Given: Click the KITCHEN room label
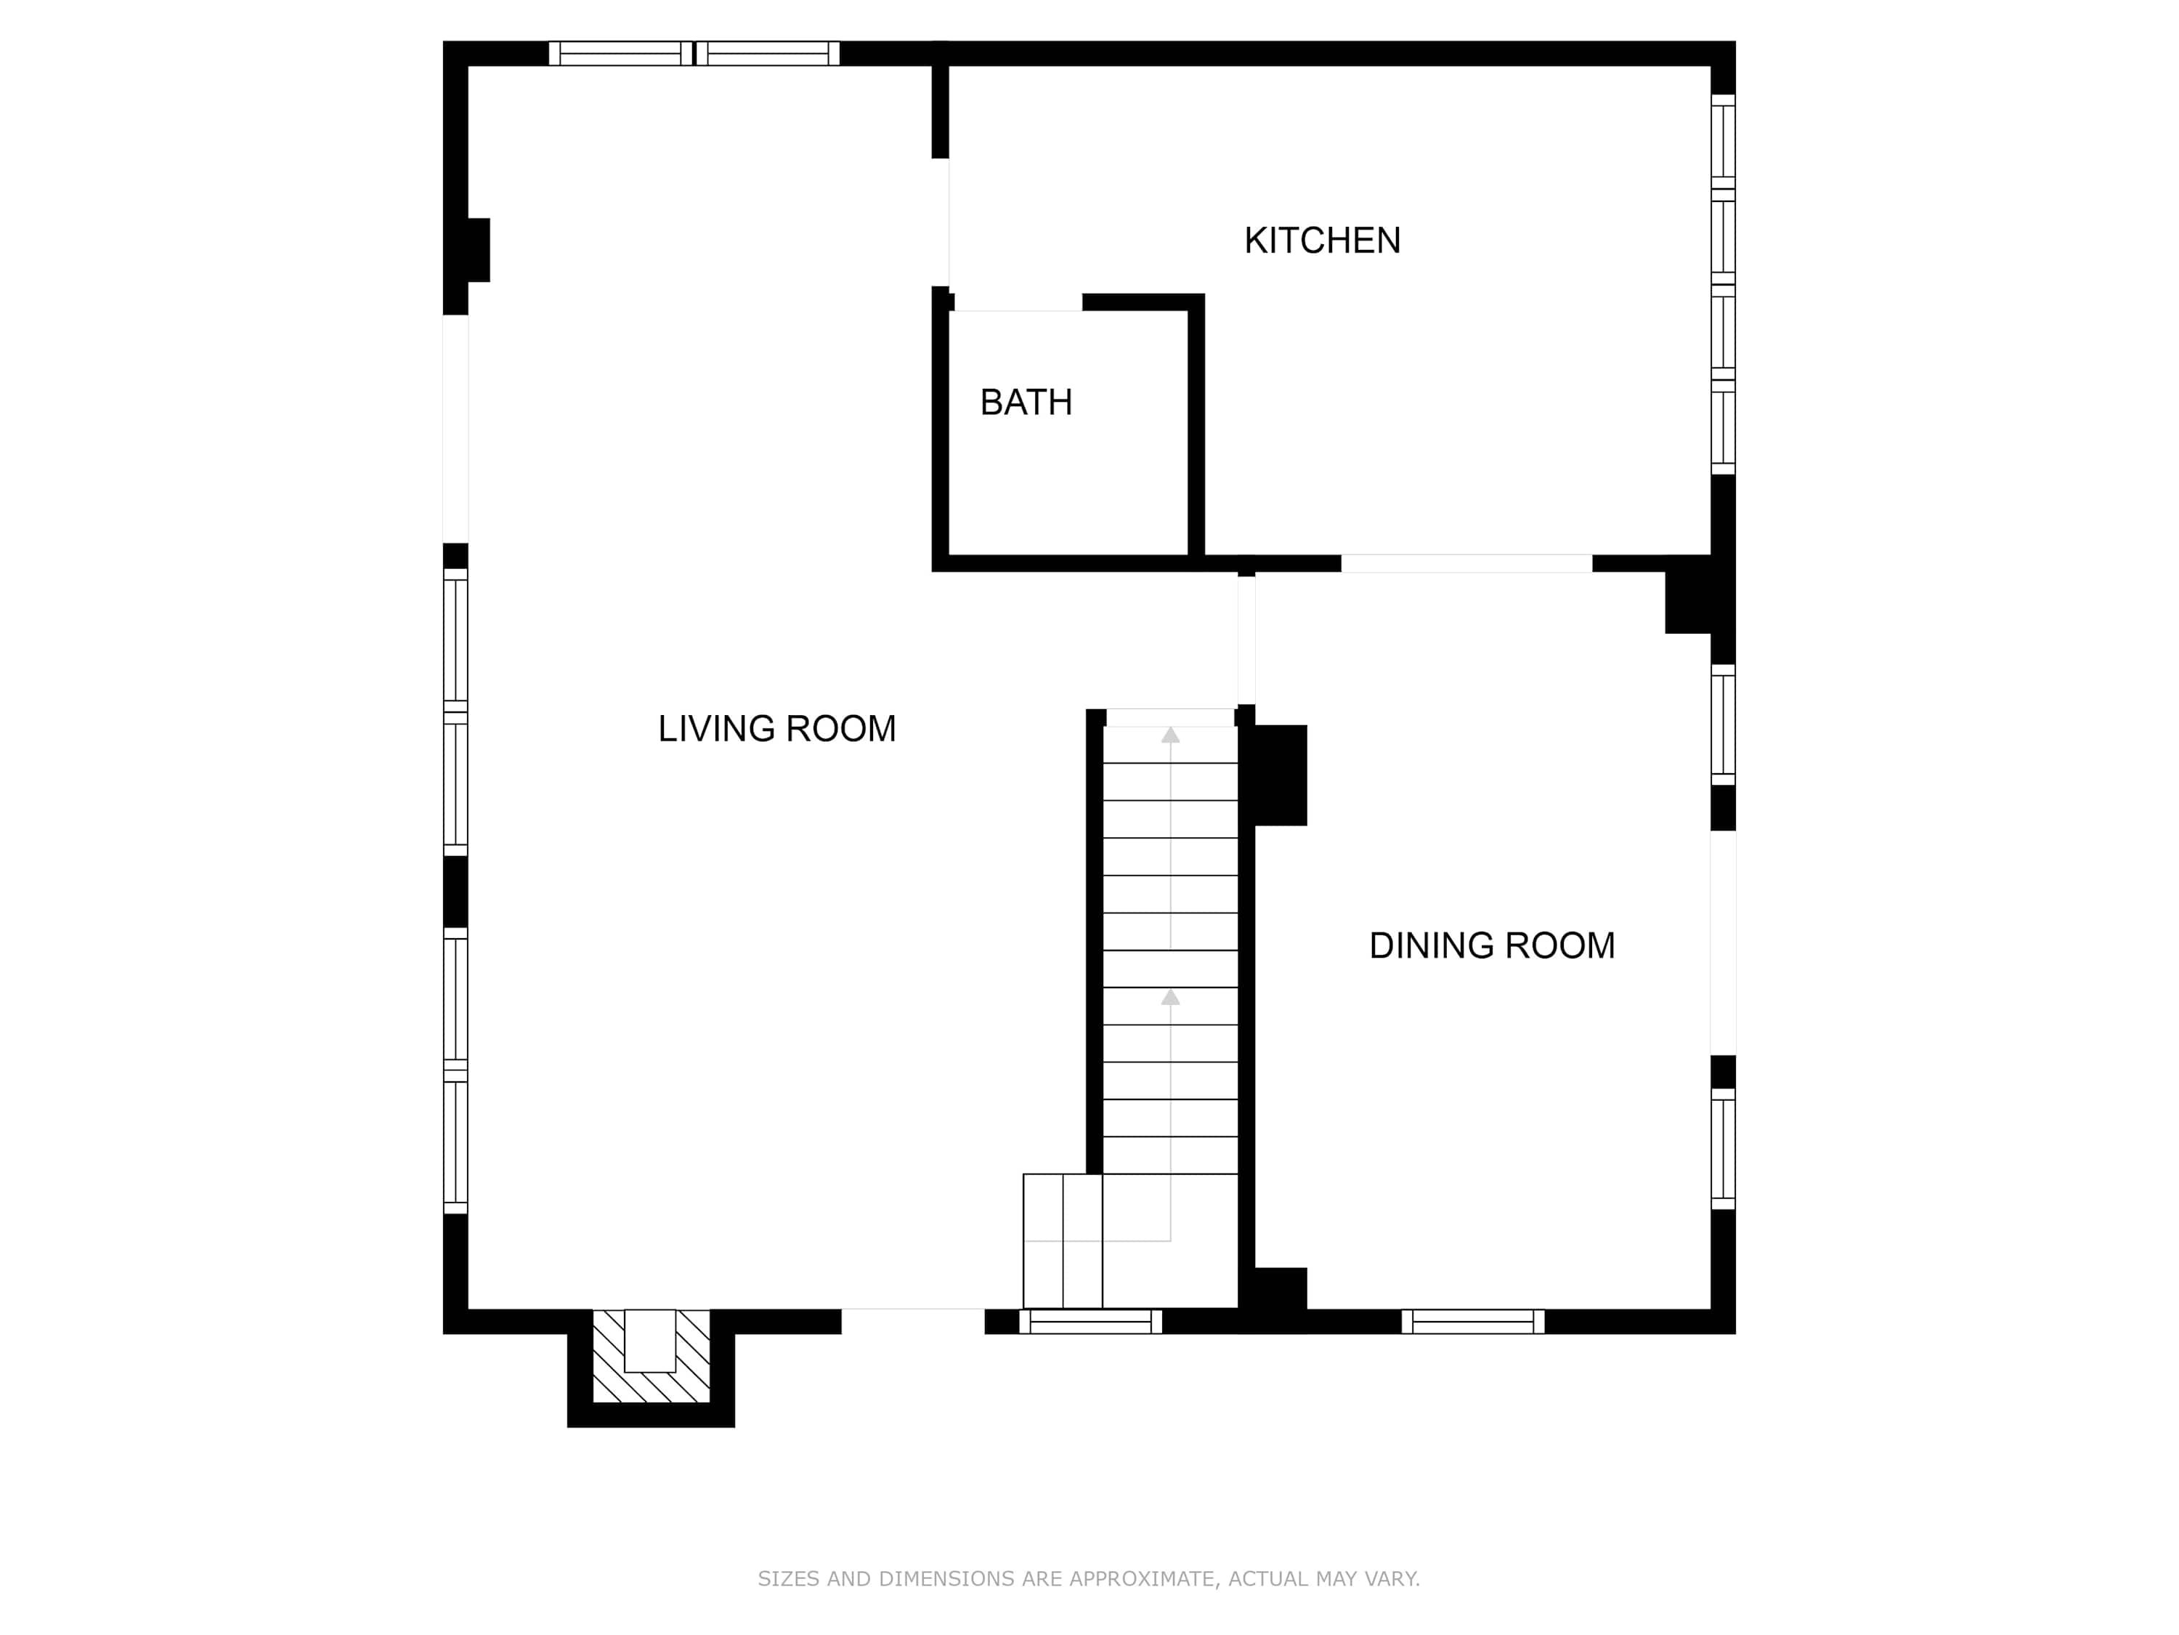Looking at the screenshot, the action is pos(1322,241).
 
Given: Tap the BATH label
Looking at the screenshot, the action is pos(1026,402).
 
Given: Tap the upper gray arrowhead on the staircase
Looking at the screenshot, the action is pos(1170,734).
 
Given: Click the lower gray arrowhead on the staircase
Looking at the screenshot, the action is pos(1170,998).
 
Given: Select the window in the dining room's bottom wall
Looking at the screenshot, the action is pos(1473,1322).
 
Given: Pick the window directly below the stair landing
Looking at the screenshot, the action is pos(1090,1322).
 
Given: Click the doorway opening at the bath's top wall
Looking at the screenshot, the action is pos(1018,302).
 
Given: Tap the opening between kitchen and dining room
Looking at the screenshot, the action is pos(1466,564).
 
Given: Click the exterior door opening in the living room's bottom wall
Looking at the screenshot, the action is pos(913,1322).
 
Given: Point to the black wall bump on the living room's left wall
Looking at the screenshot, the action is pos(478,250).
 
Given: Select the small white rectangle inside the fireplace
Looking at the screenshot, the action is pos(650,1340).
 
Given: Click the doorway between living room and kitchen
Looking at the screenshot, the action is pos(941,222).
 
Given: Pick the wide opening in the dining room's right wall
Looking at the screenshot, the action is pos(1723,943).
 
